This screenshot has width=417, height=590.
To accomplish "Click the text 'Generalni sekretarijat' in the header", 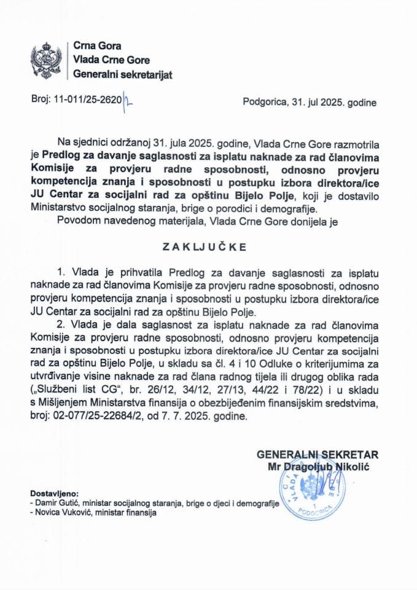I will tap(122, 75).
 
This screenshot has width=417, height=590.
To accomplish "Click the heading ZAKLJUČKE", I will tap(208, 248).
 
